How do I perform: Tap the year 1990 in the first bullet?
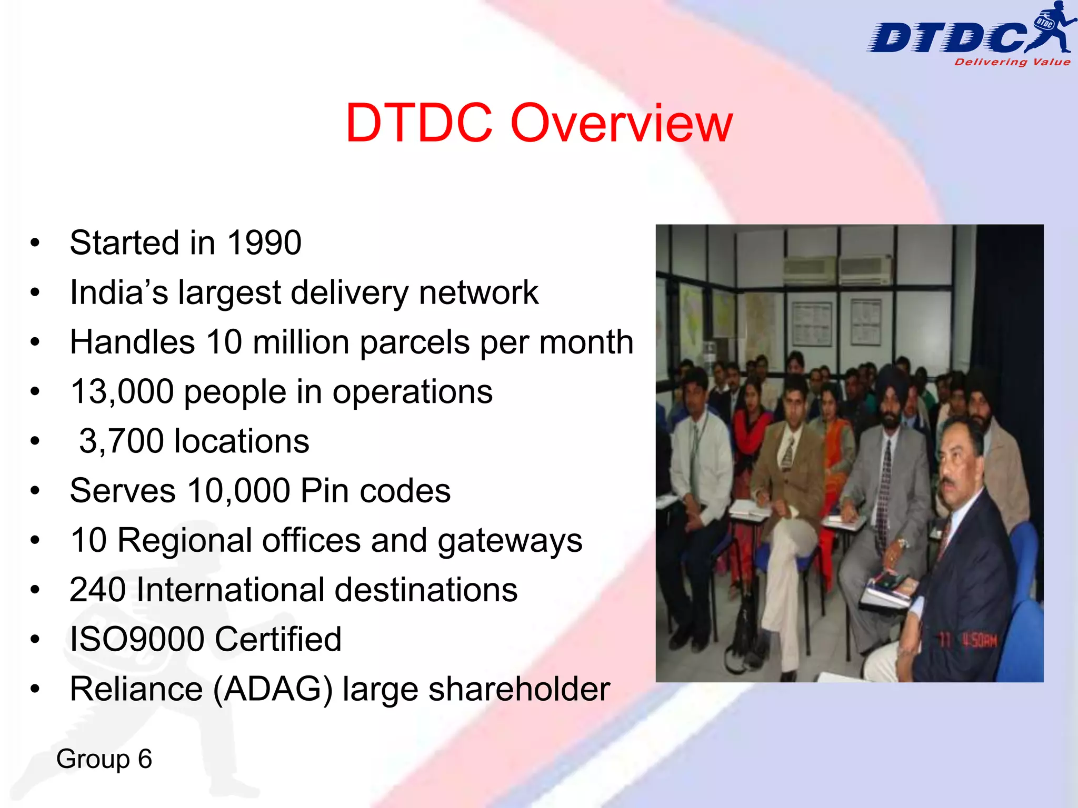pyautogui.click(x=264, y=243)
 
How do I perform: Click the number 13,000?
pyautogui.click(x=122, y=392)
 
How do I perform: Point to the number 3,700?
pyautogui.click(x=122, y=441)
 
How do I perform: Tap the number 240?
pyautogui.click(x=97, y=590)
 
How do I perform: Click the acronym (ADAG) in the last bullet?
pyautogui.click(x=273, y=690)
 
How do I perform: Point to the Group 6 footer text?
pyautogui.click(x=104, y=759)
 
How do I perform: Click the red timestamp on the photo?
pyautogui.click(x=969, y=641)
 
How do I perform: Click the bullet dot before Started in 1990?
pyautogui.click(x=35, y=244)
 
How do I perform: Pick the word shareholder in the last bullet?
pyautogui.click(x=519, y=690)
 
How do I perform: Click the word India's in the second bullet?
pyautogui.click(x=119, y=292)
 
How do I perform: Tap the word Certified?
pyautogui.click(x=278, y=639)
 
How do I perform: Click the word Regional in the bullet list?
pyautogui.click(x=185, y=540)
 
